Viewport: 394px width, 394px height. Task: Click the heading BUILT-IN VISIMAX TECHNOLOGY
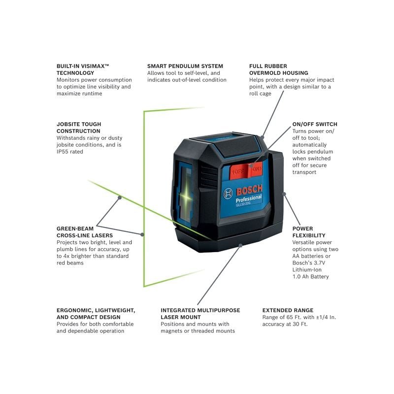[82, 69]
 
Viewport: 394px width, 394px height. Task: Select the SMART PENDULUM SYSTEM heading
[185, 66]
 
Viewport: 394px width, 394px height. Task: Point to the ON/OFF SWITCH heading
[315, 124]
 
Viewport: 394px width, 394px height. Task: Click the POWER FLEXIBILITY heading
[309, 232]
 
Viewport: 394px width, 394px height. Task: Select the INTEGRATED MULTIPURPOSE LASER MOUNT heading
[200, 314]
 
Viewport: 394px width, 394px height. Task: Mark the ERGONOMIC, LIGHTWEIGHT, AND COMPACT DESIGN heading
[96, 314]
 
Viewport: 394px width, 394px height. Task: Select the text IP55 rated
[70, 152]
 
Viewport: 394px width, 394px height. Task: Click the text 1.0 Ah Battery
[310, 277]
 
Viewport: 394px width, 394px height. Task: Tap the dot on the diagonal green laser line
[119, 197]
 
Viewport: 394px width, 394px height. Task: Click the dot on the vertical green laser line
[143, 234]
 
